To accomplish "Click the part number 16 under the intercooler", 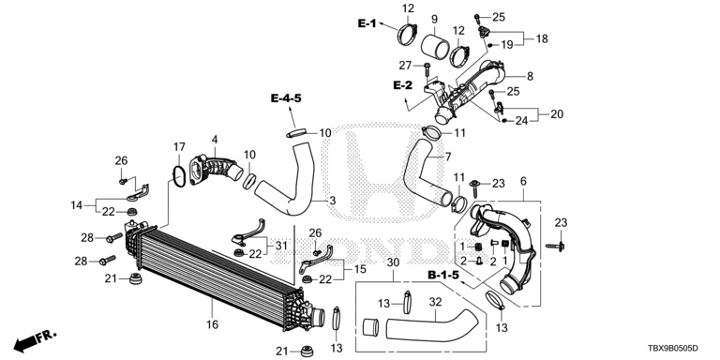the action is [212, 324].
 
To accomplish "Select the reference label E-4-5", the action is [286, 97].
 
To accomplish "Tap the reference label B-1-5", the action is [443, 275].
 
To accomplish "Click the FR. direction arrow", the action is [35, 339].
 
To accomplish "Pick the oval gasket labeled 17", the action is [179, 177].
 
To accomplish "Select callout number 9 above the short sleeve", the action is [434, 20].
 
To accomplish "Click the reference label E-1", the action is [367, 23].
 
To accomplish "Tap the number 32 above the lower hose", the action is [435, 302].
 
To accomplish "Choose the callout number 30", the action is [394, 262].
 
